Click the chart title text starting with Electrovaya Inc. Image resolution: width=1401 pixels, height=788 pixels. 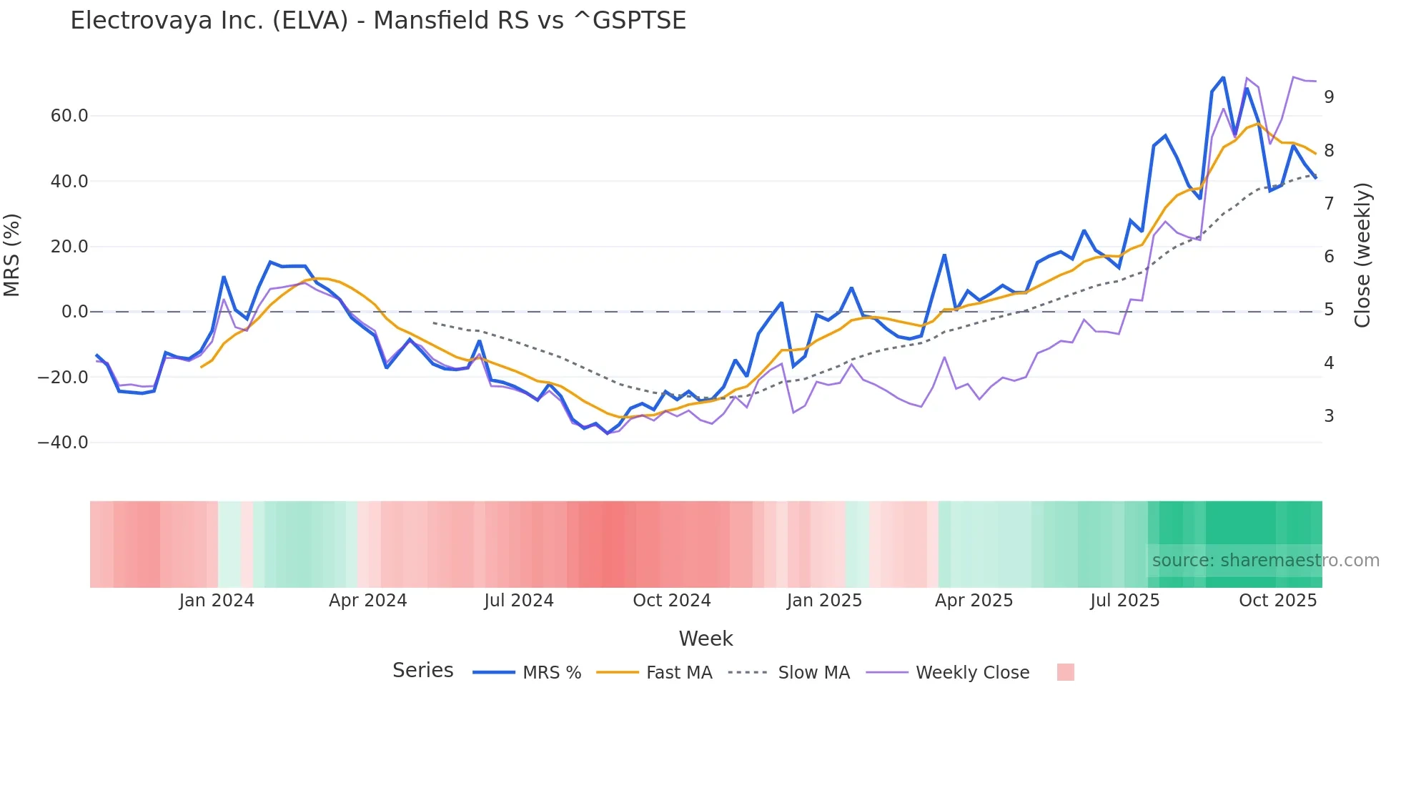[x=378, y=21]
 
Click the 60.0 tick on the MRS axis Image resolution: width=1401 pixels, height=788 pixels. [x=69, y=116]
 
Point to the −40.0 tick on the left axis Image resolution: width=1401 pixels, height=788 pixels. [x=63, y=443]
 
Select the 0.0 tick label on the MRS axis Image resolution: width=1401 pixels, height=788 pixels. [x=75, y=312]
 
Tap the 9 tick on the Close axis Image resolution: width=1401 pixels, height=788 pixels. [x=1329, y=97]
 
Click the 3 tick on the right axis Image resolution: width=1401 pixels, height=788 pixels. [x=1329, y=416]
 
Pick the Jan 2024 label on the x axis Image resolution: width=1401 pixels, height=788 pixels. [x=217, y=601]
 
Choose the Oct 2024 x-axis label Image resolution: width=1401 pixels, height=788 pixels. [x=672, y=601]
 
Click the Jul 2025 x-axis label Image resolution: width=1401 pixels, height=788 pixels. [x=1125, y=601]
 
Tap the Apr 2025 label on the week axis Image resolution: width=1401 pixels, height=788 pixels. [x=974, y=601]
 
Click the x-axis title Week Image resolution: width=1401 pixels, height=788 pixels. [x=706, y=639]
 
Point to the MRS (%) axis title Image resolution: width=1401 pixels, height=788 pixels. [x=12, y=255]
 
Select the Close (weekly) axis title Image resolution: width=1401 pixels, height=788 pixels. [x=1363, y=255]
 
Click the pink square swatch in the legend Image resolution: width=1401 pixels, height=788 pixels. [x=1066, y=672]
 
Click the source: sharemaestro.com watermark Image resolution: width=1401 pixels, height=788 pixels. [x=1265, y=561]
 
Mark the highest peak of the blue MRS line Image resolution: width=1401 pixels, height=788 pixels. [x=1223, y=77]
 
